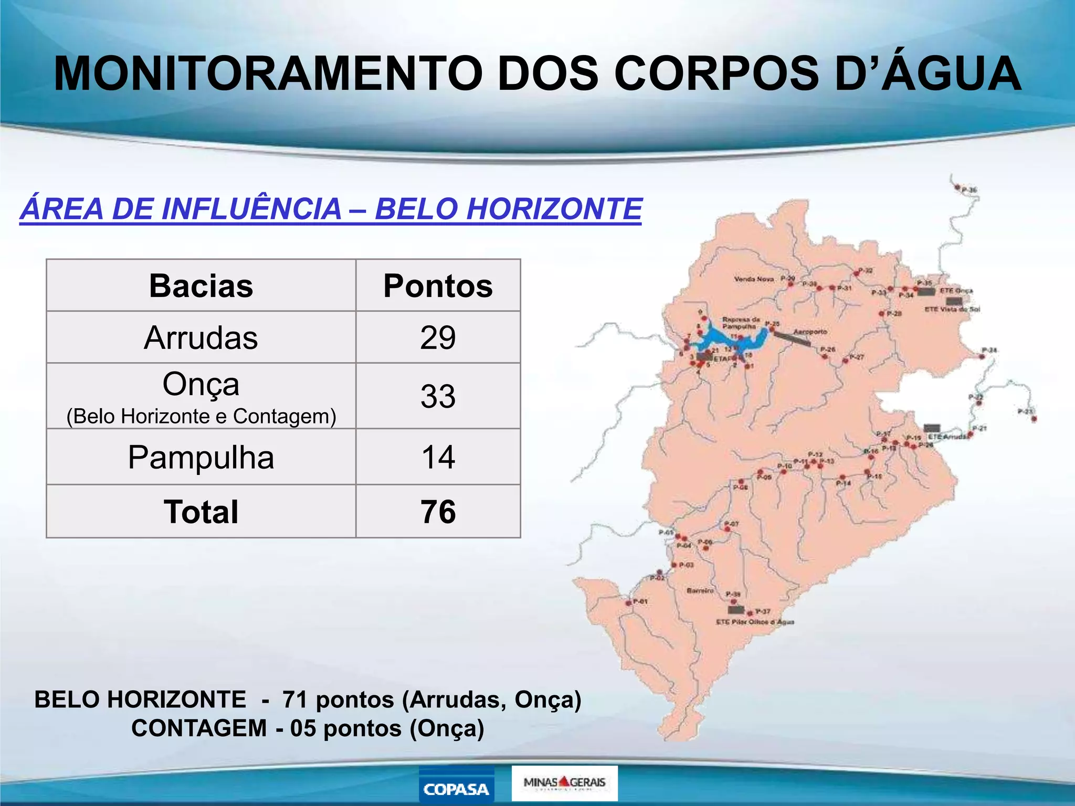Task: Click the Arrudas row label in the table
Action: [x=201, y=337]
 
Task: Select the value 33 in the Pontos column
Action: [x=438, y=396]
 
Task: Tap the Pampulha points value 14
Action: [x=438, y=457]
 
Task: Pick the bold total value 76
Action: [x=438, y=512]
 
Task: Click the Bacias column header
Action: [x=201, y=286]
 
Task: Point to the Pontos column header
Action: [x=438, y=286]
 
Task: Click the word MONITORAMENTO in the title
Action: [x=268, y=73]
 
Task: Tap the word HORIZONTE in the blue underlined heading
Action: [x=554, y=209]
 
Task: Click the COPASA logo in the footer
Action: [x=456, y=788]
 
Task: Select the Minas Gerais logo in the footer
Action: [x=564, y=783]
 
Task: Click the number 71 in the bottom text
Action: [x=294, y=699]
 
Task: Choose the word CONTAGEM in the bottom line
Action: [x=199, y=728]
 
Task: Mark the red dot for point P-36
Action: [x=957, y=187]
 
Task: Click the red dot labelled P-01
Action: [x=629, y=603]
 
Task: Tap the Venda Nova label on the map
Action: [x=754, y=279]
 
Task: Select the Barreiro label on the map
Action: [x=700, y=590]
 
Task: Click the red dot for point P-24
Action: [x=981, y=356]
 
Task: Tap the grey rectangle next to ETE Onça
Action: [x=926, y=291]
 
